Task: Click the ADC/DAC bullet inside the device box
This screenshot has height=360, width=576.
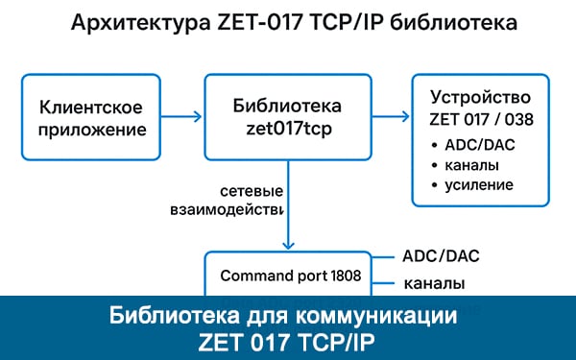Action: pos(479,145)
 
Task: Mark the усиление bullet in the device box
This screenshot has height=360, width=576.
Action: pos(479,183)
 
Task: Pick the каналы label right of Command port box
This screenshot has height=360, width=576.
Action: pos(435,284)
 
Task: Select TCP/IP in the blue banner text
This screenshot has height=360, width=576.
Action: pos(336,341)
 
